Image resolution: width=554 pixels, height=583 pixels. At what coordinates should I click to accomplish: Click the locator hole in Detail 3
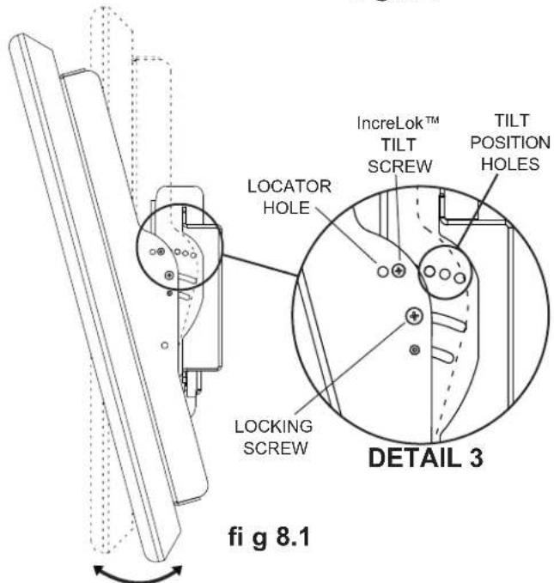(x=381, y=271)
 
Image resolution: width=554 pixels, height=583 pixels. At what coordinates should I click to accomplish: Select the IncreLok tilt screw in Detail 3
(x=398, y=270)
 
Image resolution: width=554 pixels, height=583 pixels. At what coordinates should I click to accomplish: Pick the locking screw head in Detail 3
(x=415, y=317)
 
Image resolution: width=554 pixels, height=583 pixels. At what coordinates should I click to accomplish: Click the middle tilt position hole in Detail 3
(x=445, y=276)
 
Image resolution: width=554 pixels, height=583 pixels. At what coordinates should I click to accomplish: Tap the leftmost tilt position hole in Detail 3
(x=429, y=273)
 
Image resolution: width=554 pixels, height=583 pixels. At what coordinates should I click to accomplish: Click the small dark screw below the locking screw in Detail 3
(x=415, y=349)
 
